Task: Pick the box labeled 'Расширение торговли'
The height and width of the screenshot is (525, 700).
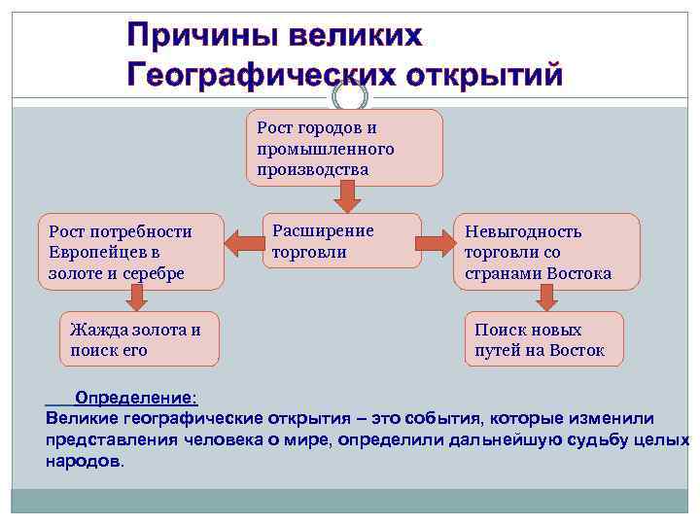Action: [x=344, y=240]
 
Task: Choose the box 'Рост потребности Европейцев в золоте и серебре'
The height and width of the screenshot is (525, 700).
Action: [x=129, y=252]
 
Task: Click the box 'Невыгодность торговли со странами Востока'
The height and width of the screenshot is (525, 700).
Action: [x=546, y=252]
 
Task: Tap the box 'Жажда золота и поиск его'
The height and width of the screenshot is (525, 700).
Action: [x=139, y=339]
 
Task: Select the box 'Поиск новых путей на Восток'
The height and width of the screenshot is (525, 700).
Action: [x=542, y=339]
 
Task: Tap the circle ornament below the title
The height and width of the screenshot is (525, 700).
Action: [x=350, y=96]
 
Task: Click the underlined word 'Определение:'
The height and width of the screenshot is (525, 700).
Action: [x=136, y=399]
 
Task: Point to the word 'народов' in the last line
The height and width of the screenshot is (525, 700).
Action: [x=83, y=461]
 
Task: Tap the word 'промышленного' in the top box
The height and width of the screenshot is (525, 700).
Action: [x=325, y=149]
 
